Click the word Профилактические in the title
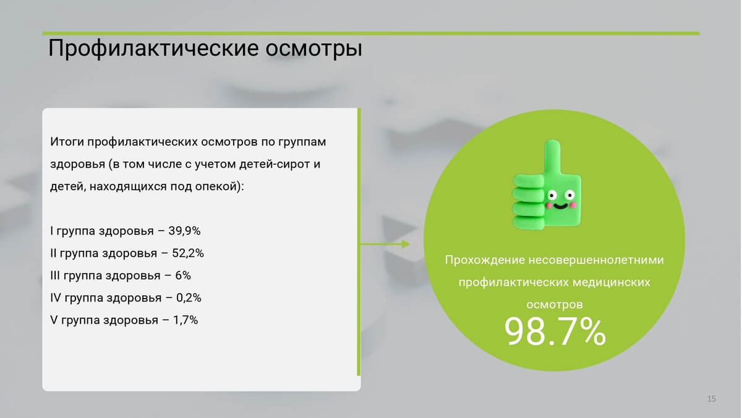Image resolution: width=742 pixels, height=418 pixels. tap(153, 48)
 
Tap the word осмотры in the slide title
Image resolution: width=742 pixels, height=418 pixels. tap(313, 49)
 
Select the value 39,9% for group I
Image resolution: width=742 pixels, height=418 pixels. tap(184, 231)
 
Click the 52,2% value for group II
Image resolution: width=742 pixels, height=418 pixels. tap(188, 253)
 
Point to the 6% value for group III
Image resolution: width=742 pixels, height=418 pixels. tap(183, 276)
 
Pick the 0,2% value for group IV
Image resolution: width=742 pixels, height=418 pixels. tap(189, 298)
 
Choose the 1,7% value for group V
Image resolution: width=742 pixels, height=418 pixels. tap(185, 320)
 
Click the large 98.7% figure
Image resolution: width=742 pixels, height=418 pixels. tap(555, 332)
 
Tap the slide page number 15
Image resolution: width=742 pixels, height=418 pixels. tap(712, 398)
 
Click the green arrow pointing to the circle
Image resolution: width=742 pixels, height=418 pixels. tap(385, 244)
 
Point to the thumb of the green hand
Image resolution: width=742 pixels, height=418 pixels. tap(552, 157)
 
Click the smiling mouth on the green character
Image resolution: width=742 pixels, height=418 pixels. tap(560, 207)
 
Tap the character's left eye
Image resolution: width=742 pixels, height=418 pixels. tap(552, 194)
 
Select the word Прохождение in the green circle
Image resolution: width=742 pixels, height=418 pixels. tap(485, 259)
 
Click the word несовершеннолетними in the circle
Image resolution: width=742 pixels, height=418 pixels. tap(596, 259)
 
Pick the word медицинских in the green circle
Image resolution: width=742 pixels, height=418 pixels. tap(612, 282)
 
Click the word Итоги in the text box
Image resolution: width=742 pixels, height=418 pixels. tap(67, 142)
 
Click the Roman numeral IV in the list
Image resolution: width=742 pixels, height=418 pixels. tap(56, 298)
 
